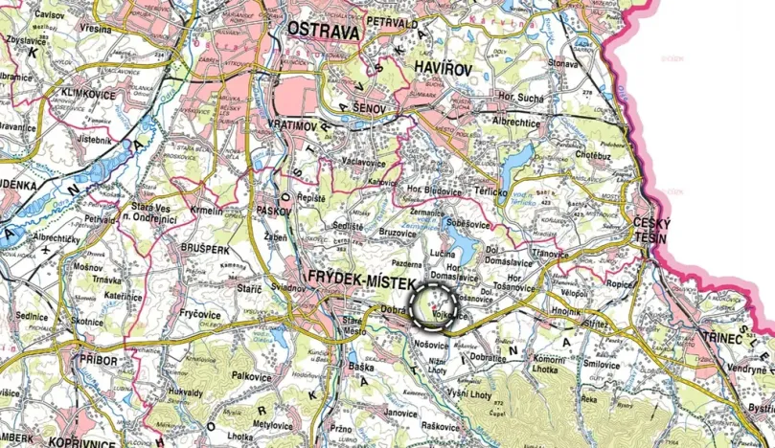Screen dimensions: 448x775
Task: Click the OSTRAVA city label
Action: pos(323,32)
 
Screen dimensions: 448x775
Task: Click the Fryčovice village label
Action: pos(201,313)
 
